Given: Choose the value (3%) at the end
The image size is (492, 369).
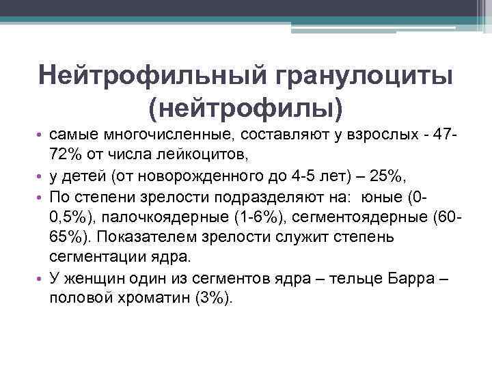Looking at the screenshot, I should click(x=214, y=299).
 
